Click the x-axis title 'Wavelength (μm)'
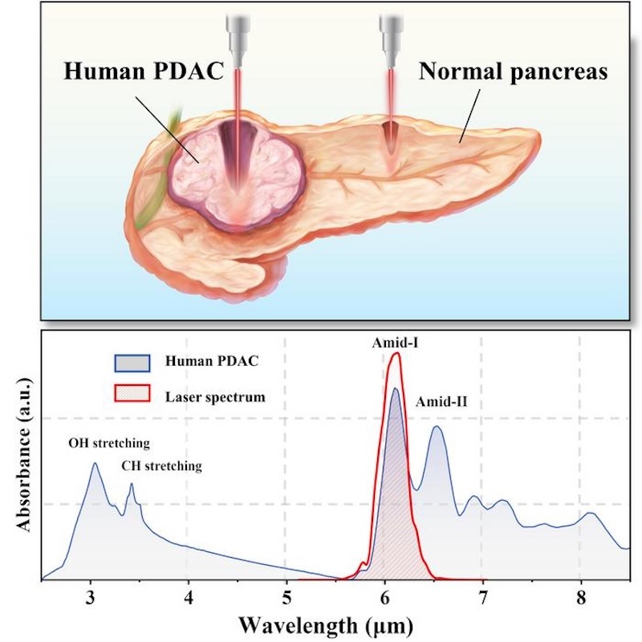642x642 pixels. coord(334,624)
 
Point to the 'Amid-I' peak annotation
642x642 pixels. coord(394,341)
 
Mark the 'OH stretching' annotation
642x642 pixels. coord(110,443)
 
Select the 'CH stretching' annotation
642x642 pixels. coord(161,465)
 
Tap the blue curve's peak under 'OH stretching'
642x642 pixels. coord(94,463)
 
